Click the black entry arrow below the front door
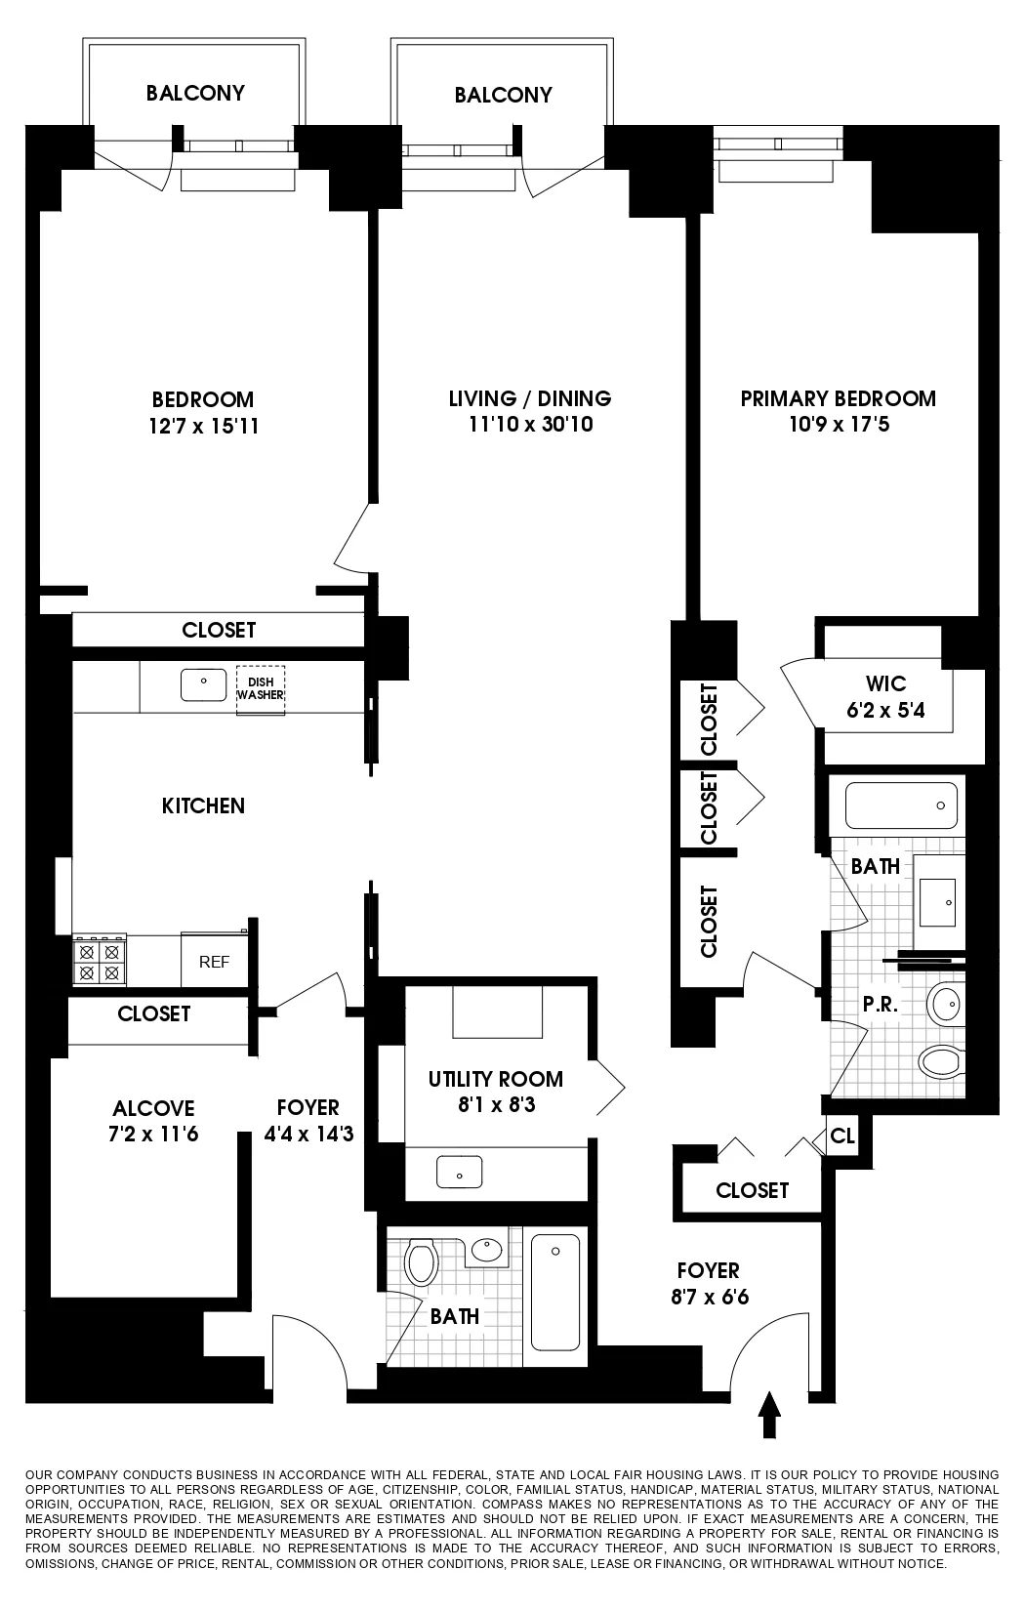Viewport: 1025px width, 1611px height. (769, 1415)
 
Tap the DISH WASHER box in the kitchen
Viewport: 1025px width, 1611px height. (260, 689)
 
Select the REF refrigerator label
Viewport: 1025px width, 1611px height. (214, 962)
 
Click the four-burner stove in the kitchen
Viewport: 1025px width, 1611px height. (100, 961)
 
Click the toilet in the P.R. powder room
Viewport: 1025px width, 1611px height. (941, 1060)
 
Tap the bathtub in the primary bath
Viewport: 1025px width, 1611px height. (900, 805)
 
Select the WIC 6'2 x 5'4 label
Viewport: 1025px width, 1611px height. (885, 696)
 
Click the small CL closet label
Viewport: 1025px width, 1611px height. (842, 1137)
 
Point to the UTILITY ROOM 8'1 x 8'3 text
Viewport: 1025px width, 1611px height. (495, 1092)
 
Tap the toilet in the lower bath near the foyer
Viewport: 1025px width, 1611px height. (422, 1261)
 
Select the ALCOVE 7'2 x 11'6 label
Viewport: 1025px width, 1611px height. (153, 1121)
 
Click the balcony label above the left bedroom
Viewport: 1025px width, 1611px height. (195, 93)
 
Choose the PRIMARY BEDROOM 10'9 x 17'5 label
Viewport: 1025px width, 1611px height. (838, 411)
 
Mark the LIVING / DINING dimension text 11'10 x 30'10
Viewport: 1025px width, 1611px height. (530, 425)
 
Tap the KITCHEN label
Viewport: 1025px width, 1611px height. (203, 805)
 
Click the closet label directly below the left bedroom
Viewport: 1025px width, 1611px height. (219, 630)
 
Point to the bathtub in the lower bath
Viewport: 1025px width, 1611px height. (555, 1297)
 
